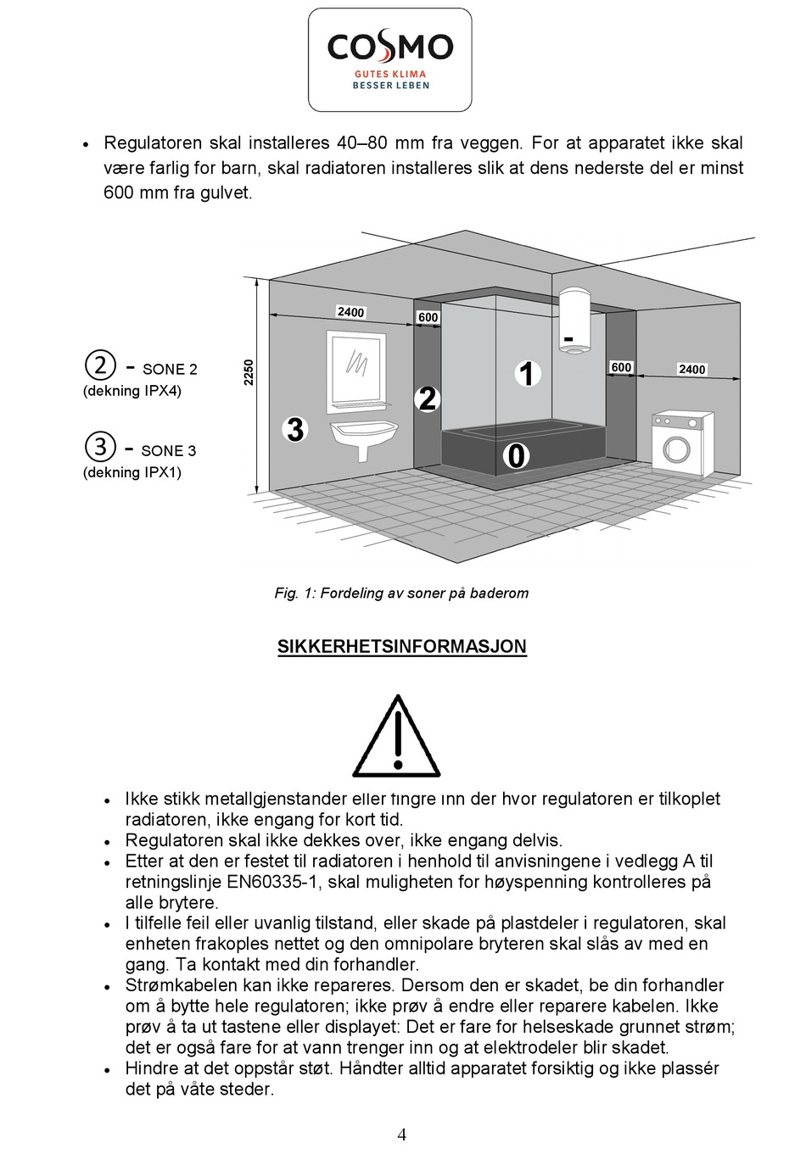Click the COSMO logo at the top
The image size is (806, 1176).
click(x=389, y=59)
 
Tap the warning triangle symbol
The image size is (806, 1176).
click(x=396, y=738)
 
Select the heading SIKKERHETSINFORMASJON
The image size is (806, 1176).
click(x=401, y=646)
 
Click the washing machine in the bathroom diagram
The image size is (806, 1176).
click(x=681, y=444)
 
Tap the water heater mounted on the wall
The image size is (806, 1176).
click(x=574, y=320)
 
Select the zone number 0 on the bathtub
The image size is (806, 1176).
click(x=516, y=456)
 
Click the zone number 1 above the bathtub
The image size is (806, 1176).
click(x=527, y=374)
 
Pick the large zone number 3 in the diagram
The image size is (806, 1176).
click(x=295, y=430)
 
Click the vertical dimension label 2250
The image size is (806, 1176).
click(x=249, y=372)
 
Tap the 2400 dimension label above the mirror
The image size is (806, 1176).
click(x=350, y=312)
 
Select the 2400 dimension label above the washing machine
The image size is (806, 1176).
click(x=691, y=369)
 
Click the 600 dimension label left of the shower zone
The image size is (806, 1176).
click(x=428, y=317)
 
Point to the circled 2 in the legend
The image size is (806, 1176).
click(x=100, y=365)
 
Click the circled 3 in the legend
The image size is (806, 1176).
click(x=100, y=447)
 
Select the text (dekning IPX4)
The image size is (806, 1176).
click(x=132, y=391)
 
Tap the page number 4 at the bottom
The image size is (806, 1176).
click(x=402, y=1135)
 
